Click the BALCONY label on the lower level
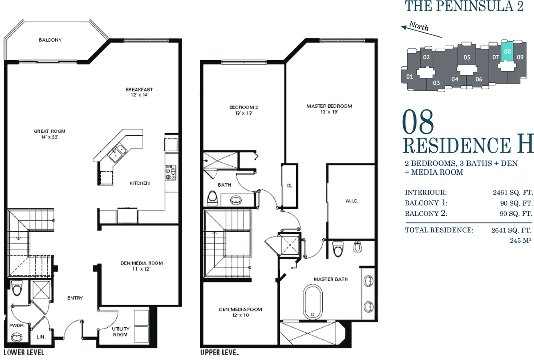[x=50, y=40]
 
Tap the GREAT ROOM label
[x=50, y=131]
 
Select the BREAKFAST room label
[x=139, y=89]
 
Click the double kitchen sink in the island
[x=118, y=153]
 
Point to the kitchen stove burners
[x=171, y=172]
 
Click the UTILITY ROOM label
[x=121, y=332]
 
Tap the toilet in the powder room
[x=17, y=288]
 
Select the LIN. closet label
[x=41, y=337]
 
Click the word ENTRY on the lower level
[x=75, y=298]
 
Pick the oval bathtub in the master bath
[x=313, y=302]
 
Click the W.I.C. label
[x=352, y=201]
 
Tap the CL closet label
[x=289, y=186]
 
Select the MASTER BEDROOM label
[x=329, y=106]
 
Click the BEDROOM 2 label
[x=244, y=107]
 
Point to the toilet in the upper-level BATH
[x=213, y=198]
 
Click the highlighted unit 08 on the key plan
[x=507, y=51]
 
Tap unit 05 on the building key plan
[x=467, y=57]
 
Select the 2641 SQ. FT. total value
[x=511, y=230]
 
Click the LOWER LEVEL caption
[x=24, y=352]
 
